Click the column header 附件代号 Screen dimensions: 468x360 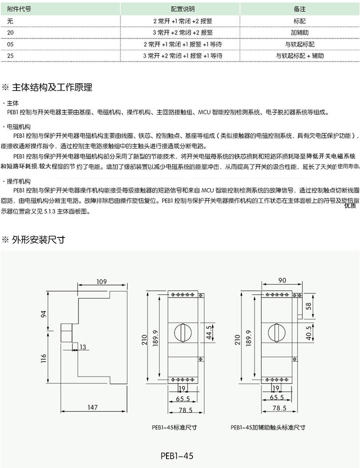[x=20, y=9]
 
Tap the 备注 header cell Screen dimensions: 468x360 [x=300, y=9]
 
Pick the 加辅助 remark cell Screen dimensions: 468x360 [x=300, y=32]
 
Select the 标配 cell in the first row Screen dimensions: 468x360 [x=300, y=21]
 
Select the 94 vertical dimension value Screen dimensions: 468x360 [x=43, y=314]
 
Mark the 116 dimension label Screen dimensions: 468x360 [x=43, y=358]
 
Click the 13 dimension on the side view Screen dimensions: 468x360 [x=82, y=346]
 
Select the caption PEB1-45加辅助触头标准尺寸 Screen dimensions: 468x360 [x=267, y=427]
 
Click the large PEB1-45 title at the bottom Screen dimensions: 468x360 [x=177, y=455]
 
